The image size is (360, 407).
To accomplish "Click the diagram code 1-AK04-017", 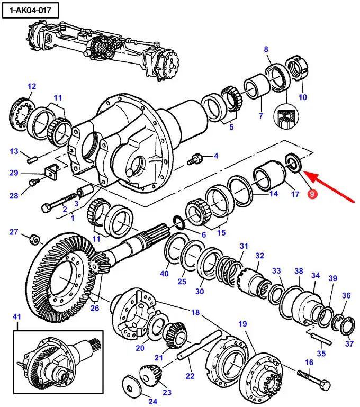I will tap(31, 10).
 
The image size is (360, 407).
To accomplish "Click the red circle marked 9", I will tap(312, 194).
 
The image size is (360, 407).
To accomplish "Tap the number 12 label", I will tap(32, 86).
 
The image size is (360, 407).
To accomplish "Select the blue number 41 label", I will tap(18, 317).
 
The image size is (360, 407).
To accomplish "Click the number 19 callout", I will tap(243, 323).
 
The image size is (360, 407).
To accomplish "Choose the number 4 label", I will tap(215, 155).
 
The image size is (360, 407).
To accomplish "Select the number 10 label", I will tap(302, 97).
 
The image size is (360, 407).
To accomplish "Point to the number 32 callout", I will tap(259, 256).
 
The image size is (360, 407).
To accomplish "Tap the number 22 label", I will tap(190, 376).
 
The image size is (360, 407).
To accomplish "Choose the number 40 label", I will tap(164, 274).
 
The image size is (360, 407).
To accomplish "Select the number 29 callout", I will tap(14, 173).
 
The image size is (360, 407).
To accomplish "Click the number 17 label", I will tap(295, 194).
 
